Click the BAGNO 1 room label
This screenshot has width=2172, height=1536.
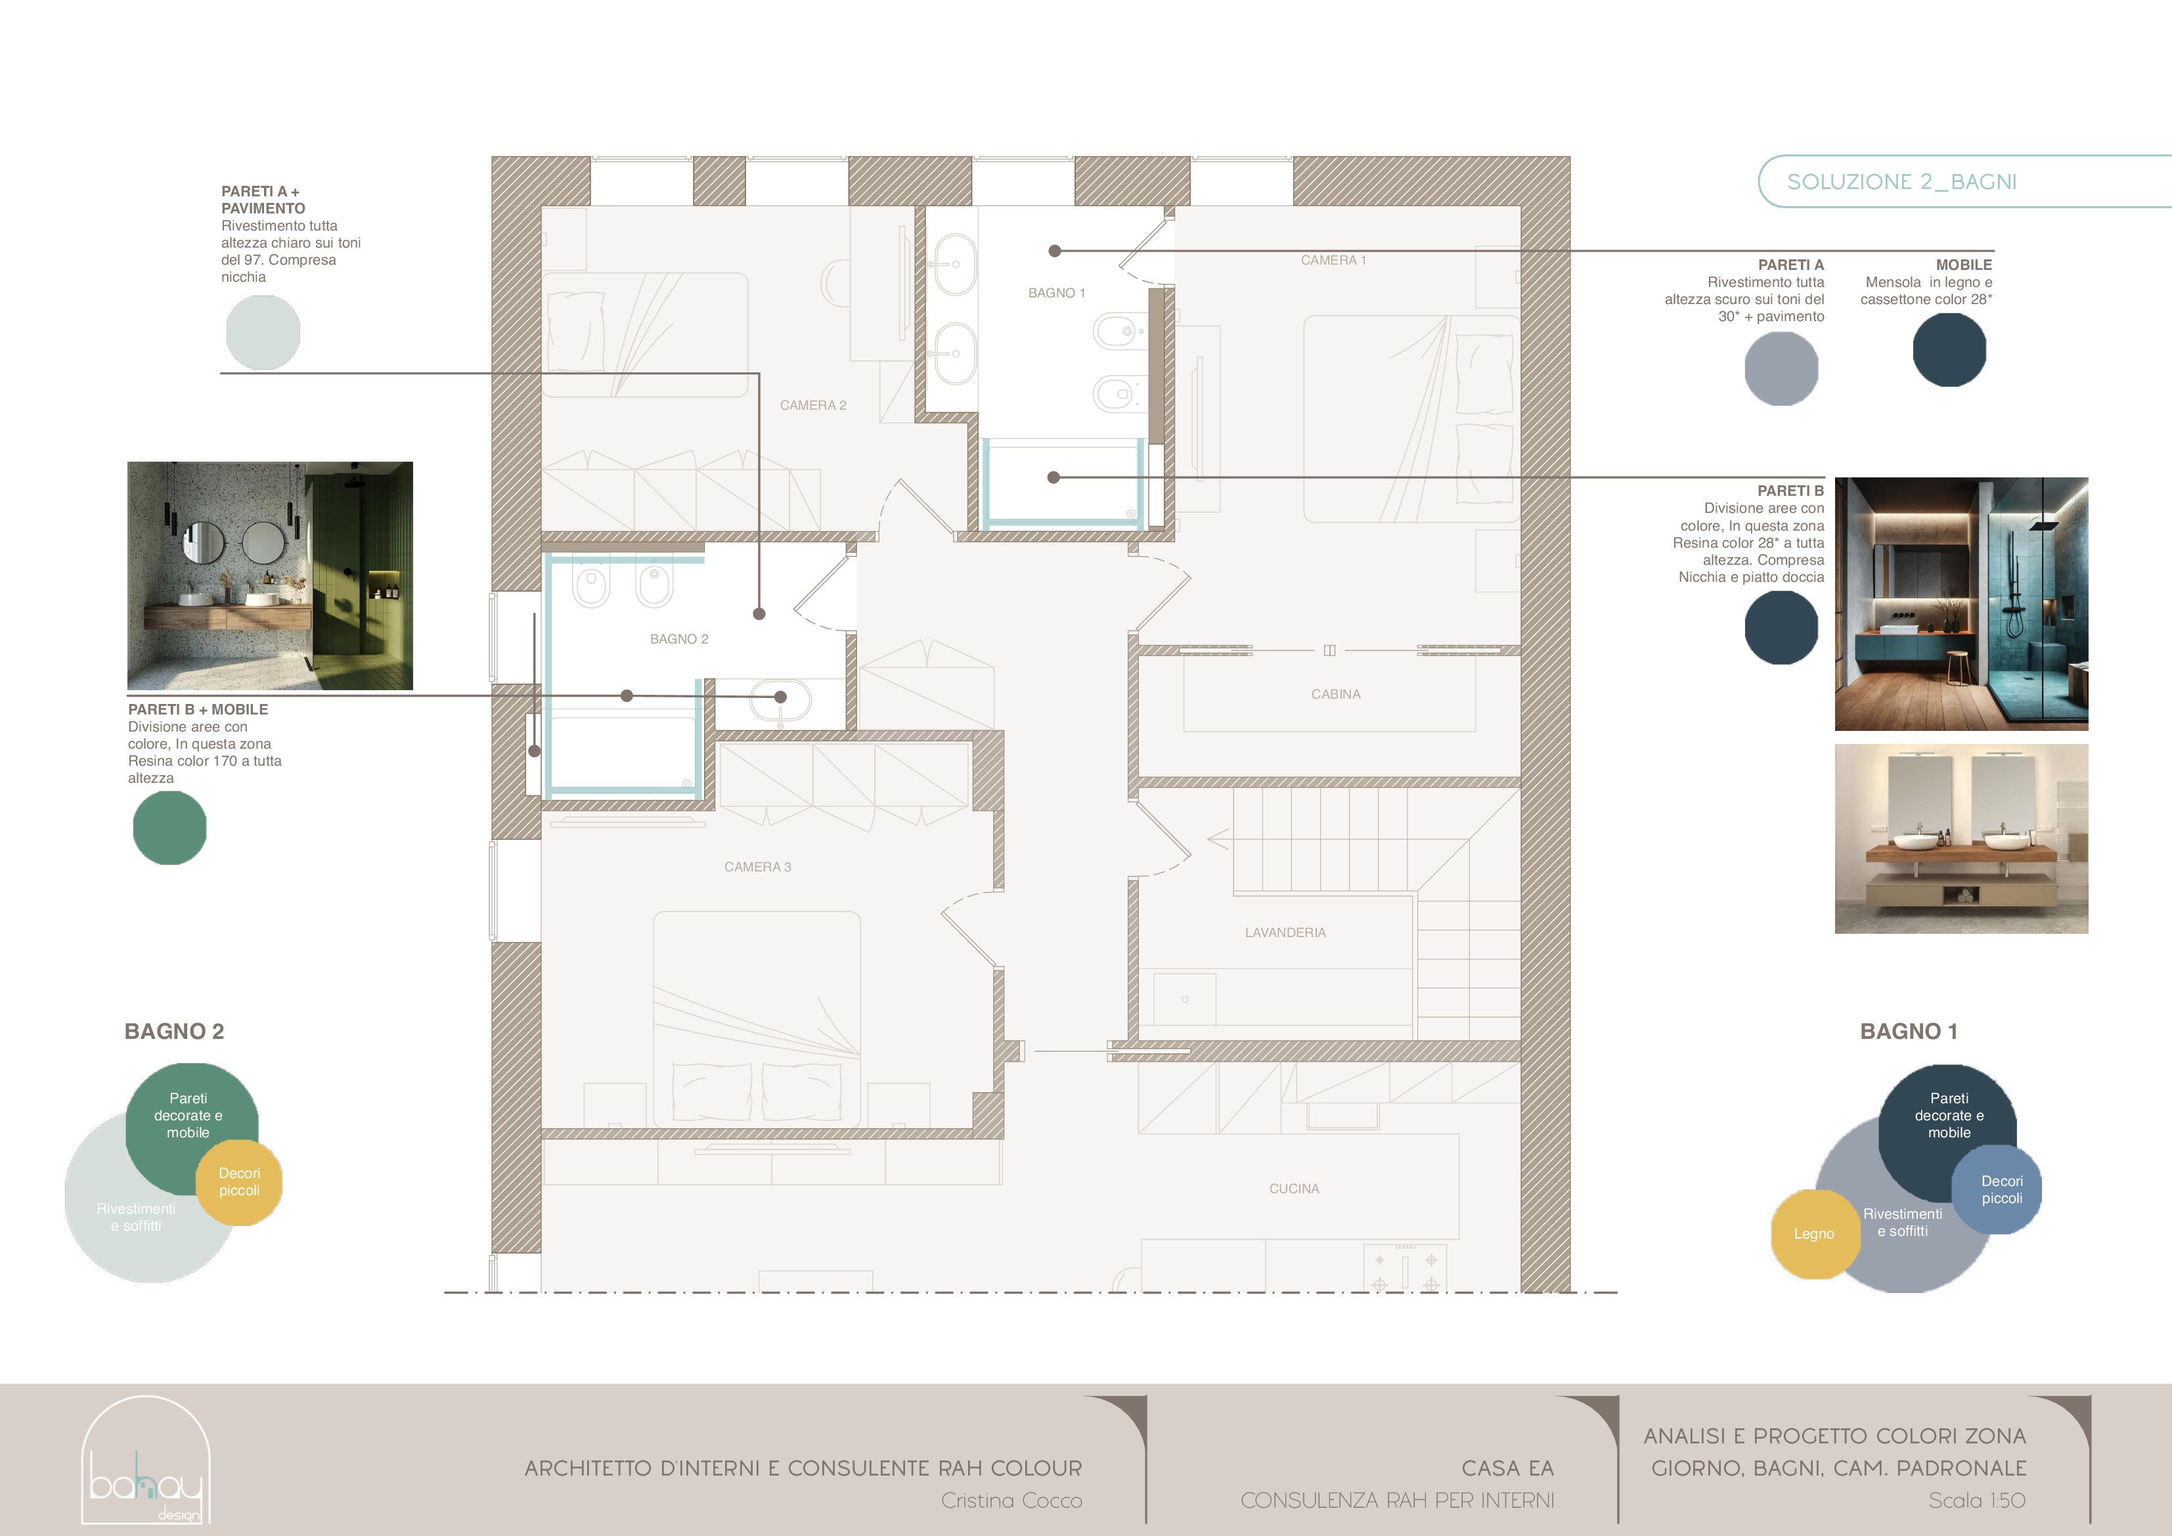[x=1057, y=293]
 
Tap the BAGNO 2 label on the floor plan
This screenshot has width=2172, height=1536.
[x=679, y=640]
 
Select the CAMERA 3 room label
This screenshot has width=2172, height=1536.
[x=758, y=867]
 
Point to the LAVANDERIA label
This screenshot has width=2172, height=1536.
[x=1285, y=933]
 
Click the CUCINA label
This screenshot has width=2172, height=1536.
[x=1294, y=1189]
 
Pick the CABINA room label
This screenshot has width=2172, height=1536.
[x=1336, y=694]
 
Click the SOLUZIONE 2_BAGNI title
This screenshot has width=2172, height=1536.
[x=1901, y=182]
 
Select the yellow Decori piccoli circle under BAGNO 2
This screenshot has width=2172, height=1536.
[x=239, y=1182]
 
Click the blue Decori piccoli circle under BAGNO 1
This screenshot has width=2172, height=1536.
[x=1998, y=1190]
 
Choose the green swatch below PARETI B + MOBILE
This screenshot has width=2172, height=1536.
[x=170, y=829]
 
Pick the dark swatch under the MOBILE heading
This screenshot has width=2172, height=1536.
[x=1950, y=350]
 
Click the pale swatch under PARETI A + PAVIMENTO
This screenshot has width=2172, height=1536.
[x=263, y=333]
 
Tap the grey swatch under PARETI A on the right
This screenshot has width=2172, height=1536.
[x=1781, y=369]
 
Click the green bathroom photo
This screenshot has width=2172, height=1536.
[x=271, y=576]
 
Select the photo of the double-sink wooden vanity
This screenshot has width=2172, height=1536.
[x=1962, y=839]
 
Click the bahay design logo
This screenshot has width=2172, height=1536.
[x=146, y=1460]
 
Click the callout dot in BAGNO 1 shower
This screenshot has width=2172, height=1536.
[x=1054, y=477]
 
